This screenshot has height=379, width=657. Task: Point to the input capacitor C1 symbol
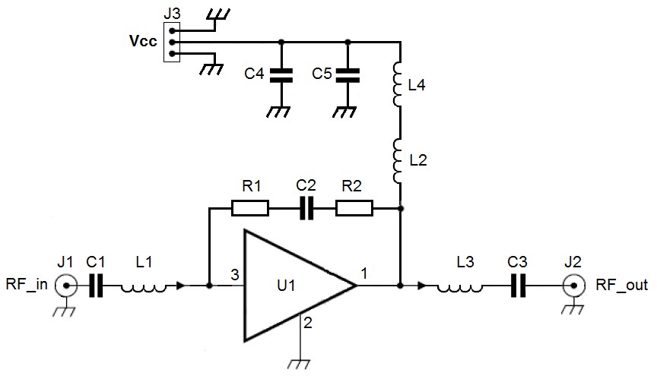click(96, 286)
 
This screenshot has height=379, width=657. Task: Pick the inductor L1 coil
click(144, 287)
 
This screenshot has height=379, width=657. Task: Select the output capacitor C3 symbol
click(519, 286)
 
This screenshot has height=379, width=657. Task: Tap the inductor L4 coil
click(398, 84)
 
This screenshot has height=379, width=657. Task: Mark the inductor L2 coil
click(398, 159)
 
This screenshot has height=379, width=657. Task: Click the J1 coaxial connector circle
click(68, 286)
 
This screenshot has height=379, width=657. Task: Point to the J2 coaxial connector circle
click(572, 286)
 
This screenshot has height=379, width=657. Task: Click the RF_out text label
click(621, 286)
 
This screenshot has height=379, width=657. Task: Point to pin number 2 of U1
click(308, 323)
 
